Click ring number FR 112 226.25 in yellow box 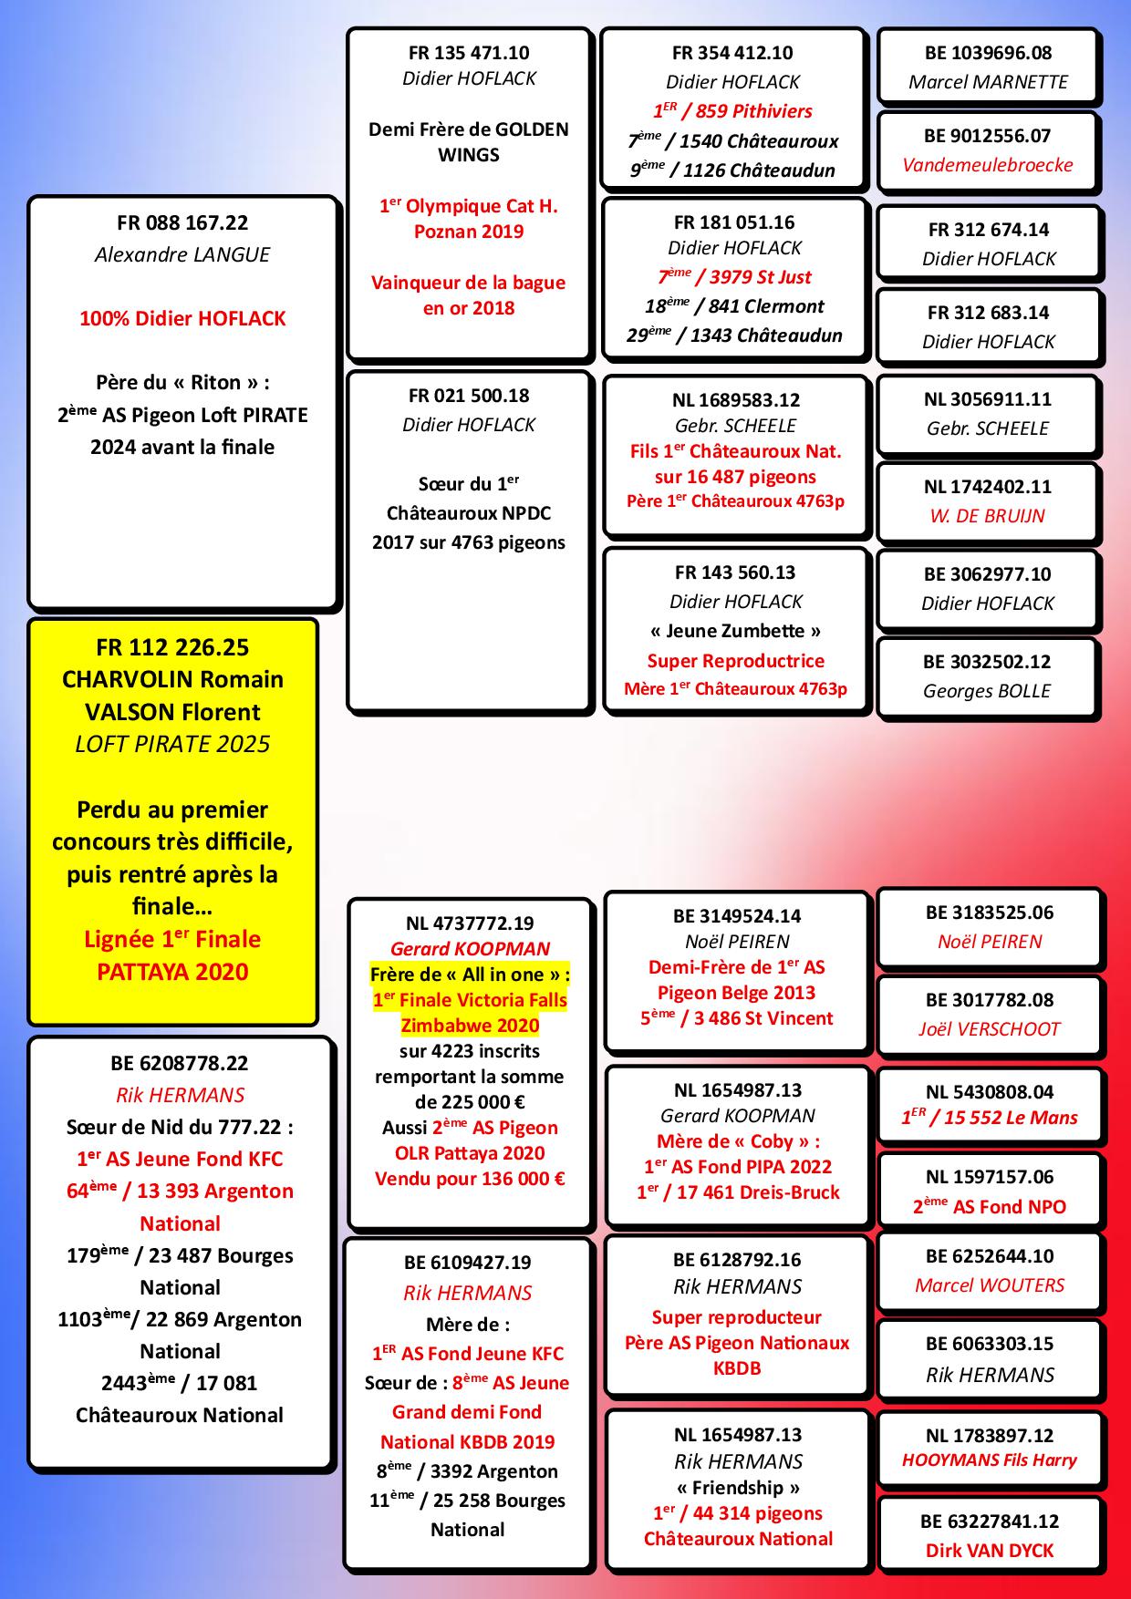[x=172, y=647]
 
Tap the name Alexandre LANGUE [x=182, y=254]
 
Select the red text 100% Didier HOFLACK [x=182, y=318]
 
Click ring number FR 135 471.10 [x=469, y=53]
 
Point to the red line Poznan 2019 [x=469, y=232]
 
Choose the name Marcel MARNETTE [x=988, y=82]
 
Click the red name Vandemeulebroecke [x=988, y=165]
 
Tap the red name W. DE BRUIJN [x=988, y=516]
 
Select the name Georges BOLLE [x=987, y=691]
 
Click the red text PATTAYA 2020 [x=172, y=972]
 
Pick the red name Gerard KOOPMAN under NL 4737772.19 [x=470, y=949]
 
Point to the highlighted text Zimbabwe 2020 [x=470, y=1026]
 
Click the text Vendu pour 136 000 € [x=470, y=1179]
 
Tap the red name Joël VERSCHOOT [x=990, y=1029]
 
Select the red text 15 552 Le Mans [x=1011, y=1118]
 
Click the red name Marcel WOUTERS [x=990, y=1285]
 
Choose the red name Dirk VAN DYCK [x=990, y=1551]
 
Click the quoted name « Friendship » [x=738, y=1488]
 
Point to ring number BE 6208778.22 [x=180, y=1063]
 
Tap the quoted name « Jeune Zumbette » [x=736, y=631]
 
